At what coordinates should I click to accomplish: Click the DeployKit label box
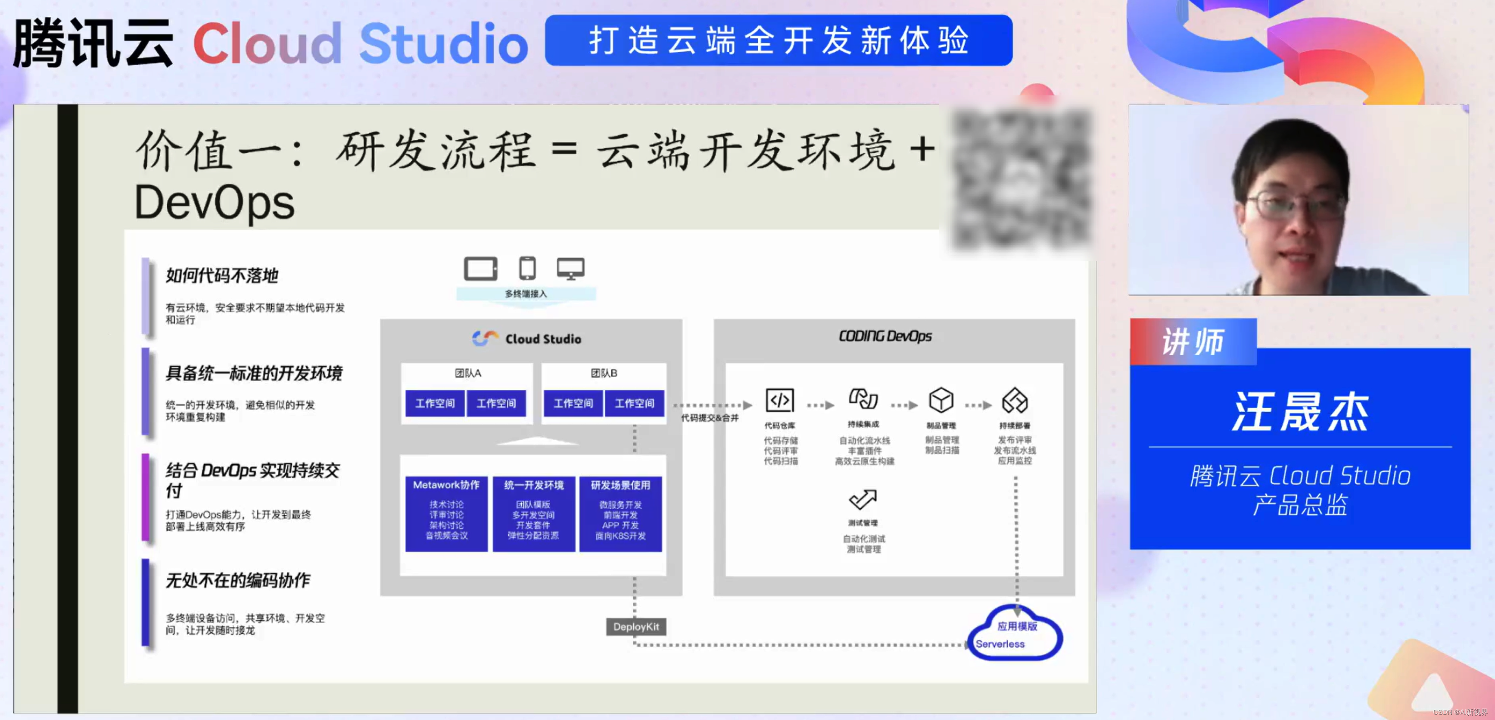click(636, 626)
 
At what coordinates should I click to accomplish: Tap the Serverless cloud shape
click(1015, 635)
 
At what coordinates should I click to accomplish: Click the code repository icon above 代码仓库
click(779, 400)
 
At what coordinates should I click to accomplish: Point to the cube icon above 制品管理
click(941, 400)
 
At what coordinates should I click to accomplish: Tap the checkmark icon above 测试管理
click(863, 499)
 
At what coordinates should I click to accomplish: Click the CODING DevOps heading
click(885, 336)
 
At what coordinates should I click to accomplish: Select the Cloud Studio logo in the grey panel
click(527, 338)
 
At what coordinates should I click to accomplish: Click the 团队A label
click(468, 373)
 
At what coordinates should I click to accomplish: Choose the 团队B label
click(604, 373)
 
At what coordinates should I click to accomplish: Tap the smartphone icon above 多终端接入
click(527, 268)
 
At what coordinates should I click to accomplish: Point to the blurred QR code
click(1022, 180)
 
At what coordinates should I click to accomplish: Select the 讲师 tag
click(1193, 342)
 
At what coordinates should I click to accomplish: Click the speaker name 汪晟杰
click(1300, 412)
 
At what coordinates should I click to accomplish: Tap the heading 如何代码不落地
click(222, 275)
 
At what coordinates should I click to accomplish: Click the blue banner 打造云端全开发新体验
click(779, 41)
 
